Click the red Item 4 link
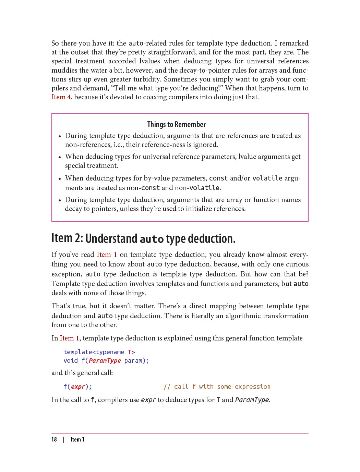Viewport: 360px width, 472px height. [61, 97]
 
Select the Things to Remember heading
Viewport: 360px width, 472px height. [176, 125]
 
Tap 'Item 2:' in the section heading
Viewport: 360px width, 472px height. [67, 238]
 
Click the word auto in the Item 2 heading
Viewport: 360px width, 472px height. [152, 239]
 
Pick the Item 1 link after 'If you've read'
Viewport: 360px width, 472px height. [107, 255]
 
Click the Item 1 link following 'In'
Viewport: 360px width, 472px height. [70, 338]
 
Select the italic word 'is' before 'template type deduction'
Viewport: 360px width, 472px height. [155, 274]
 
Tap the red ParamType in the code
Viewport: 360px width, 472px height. [105, 361]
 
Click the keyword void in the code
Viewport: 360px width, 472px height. [71, 361]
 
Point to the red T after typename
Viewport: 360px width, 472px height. [130, 352]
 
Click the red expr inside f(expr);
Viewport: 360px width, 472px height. [78, 387]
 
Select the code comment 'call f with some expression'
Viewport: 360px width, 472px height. [222, 387]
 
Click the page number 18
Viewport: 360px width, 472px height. [54, 439]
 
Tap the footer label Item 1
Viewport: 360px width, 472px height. [77, 439]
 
